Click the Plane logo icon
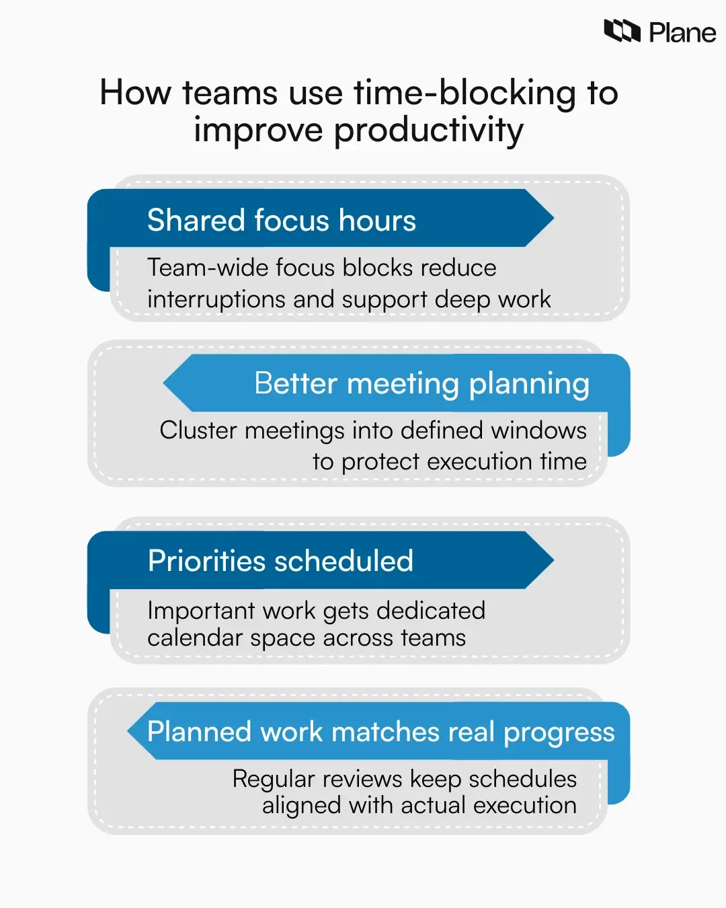coord(622,31)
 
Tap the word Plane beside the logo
coord(682,32)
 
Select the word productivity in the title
coord(428,130)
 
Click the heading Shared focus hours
coord(282,221)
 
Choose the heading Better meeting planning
coord(421,383)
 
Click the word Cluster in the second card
coord(198,430)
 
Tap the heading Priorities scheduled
coord(280,561)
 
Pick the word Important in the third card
coord(201,611)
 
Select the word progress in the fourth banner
coord(559,732)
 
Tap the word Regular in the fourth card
coord(274,779)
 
